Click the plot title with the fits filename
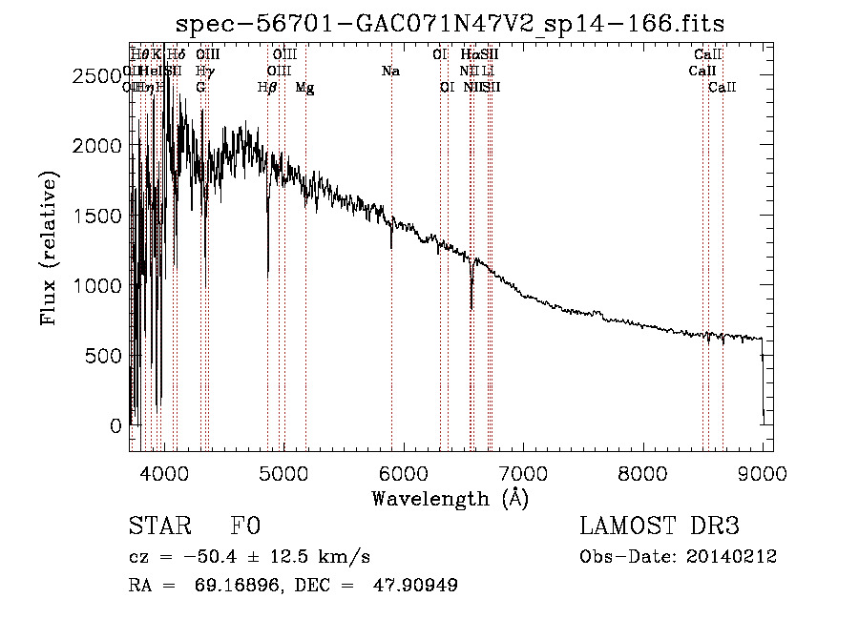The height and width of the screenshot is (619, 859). tap(450, 22)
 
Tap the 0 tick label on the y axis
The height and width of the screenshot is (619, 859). tap(115, 425)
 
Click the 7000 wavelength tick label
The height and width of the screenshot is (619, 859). tap(523, 472)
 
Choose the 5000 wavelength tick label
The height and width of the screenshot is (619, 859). tap(283, 472)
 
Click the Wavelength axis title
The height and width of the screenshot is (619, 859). tap(450, 497)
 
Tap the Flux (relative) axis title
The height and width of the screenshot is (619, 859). tap(49, 248)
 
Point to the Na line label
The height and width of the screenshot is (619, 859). tap(389, 71)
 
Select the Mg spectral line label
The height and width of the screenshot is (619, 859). tap(304, 87)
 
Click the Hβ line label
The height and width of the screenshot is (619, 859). tap(267, 87)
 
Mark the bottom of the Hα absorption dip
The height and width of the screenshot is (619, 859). tap(471, 308)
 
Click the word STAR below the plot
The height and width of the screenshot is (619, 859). tap(158, 526)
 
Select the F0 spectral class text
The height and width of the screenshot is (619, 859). tap(246, 526)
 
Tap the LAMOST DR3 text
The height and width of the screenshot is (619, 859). tap(659, 526)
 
